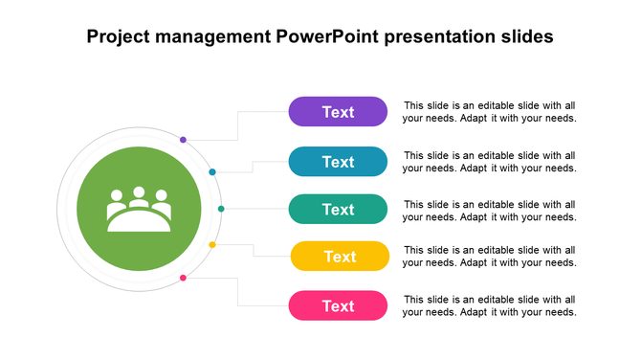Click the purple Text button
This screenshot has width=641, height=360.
338,112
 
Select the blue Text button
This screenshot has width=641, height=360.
338,162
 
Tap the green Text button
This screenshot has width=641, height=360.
338,210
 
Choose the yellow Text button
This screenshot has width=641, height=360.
340,257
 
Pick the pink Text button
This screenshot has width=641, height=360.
338,306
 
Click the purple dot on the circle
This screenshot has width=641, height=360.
183,140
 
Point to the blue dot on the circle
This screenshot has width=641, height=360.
212,172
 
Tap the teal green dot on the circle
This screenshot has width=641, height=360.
221,209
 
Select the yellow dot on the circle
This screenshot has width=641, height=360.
212,245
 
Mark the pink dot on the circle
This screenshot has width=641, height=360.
183,278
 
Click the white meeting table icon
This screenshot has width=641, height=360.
139,211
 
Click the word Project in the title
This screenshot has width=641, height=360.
119,37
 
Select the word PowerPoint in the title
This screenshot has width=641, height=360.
327,37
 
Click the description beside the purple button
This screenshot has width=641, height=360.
489,112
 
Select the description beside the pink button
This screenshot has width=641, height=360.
489,305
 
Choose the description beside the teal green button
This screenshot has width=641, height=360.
489,211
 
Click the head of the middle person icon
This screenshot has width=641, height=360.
139,192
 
